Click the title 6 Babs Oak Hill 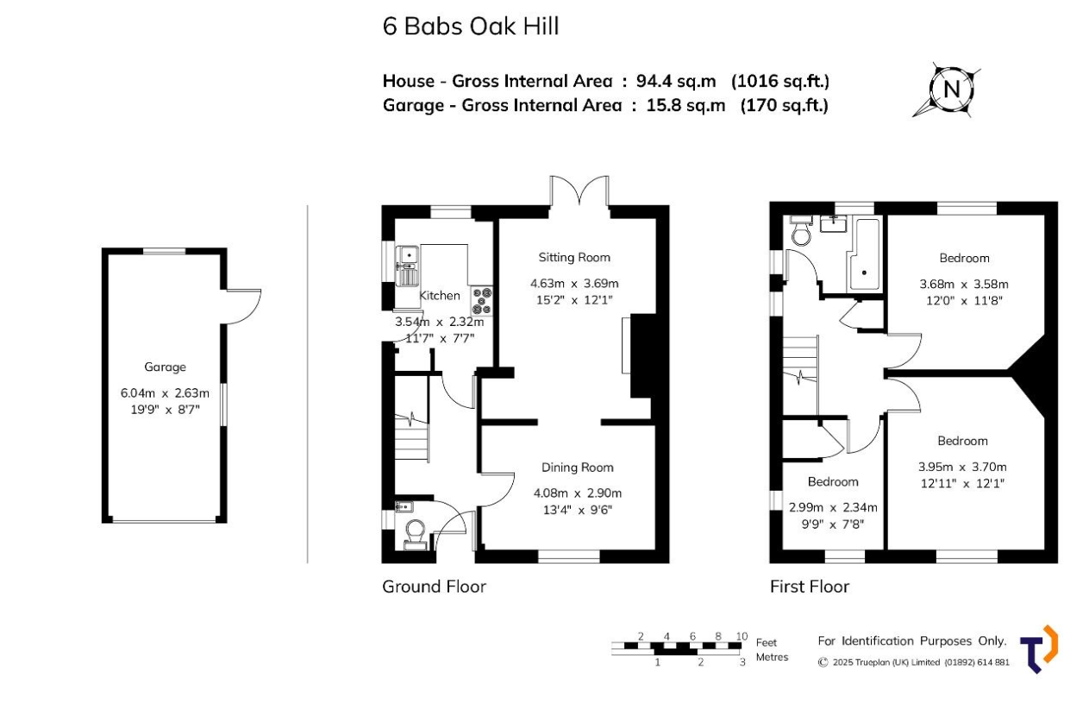pyautogui.click(x=471, y=26)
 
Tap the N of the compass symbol pyautogui.click(x=951, y=90)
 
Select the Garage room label pyautogui.click(x=165, y=367)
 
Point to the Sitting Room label pyautogui.click(x=574, y=258)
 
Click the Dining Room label pyautogui.click(x=578, y=467)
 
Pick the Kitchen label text pyautogui.click(x=440, y=296)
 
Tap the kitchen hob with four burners pyautogui.click(x=482, y=301)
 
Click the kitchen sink pyautogui.click(x=407, y=266)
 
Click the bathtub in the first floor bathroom pyautogui.click(x=864, y=254)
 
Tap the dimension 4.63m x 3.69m pyautogui.click(x=574, y=284)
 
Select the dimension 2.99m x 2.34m pyautogui.click(x=833, y=508)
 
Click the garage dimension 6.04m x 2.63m pyautogui.click(x=165, y=393)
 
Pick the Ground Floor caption pyautogui.click(x=435, y=586)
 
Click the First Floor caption pyautogui.click(x=810, y=586)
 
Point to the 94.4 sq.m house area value pyautogui.click(x=676, y=81)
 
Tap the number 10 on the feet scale pyautogui.click(x=742, y=636)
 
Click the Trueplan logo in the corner pyautogui.click(x=1039, y=649)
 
